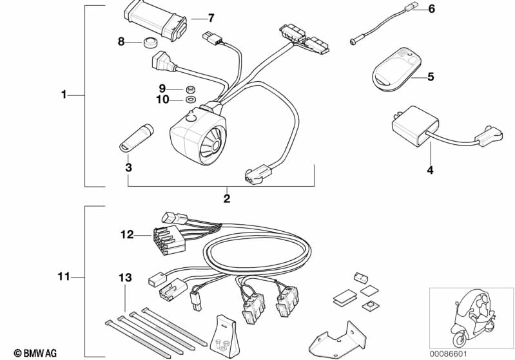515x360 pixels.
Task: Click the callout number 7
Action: pos(211,18)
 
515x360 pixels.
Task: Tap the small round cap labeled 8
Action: pos(150,43)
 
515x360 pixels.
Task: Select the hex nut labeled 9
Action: pos(189,89)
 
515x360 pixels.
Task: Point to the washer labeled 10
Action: pos(190,99)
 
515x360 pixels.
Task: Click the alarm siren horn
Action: pos(199,135)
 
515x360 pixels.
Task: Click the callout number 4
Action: pos(430,170)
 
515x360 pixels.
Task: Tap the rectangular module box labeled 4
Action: pos(415,126)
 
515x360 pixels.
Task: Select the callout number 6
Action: pos(432,9)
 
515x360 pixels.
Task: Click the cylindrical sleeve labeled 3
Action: pos(136,138)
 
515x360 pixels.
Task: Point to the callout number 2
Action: pos(227,198)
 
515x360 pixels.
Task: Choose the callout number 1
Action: pos(64,95)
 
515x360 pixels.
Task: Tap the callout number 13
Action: pos(125,278)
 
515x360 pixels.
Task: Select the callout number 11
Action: pos(64,276)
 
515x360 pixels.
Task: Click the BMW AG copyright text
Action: pos(35,353)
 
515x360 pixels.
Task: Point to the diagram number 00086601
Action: pos(449,354)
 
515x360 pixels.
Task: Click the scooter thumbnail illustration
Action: pos(472,318)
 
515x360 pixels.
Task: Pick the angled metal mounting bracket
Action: pos(338,339)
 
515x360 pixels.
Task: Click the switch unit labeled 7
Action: pos(155,21)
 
